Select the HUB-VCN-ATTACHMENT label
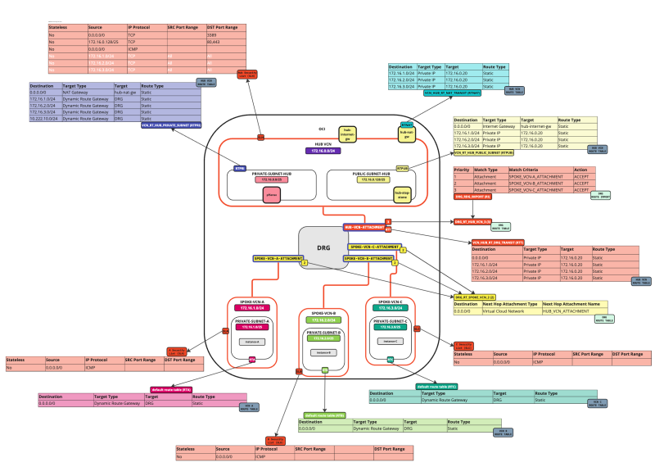[x=364, y=225]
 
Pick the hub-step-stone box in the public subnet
[x=402, y=194]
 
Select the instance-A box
[x=252, y=340]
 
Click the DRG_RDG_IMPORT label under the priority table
[x=472, y=197]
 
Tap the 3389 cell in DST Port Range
[x=212, y=35]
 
